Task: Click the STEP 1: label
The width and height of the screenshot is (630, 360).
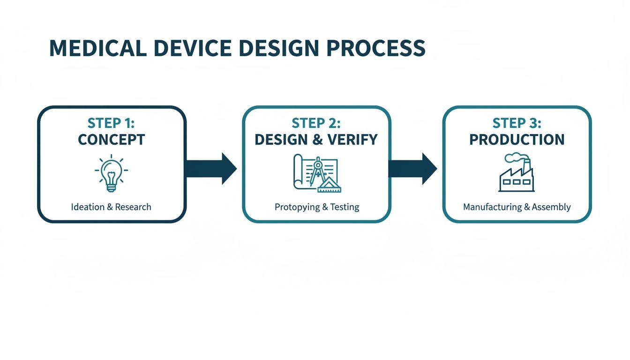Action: [x=112, y=123]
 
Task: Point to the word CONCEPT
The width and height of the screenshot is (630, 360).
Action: [x=112, y=140]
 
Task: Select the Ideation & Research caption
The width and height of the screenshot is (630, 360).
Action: [x=111, y=207]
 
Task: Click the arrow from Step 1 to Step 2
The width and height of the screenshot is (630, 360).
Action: [x=210, y=168]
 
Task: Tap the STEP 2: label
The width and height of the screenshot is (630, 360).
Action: [x=316, y=123]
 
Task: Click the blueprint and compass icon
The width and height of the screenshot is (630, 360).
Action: [x=316, y=173]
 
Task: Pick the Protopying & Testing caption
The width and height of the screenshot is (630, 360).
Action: [x=317, y=207]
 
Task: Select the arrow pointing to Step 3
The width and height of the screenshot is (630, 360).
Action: [x=412, y=168]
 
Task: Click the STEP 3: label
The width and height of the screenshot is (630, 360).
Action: [x=517, y=123]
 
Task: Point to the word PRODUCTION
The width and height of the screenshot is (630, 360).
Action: [x=517, y=140]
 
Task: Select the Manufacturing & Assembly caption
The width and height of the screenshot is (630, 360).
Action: [x=517, y=207]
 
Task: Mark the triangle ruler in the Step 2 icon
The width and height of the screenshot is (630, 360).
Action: [x=331, y=185]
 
